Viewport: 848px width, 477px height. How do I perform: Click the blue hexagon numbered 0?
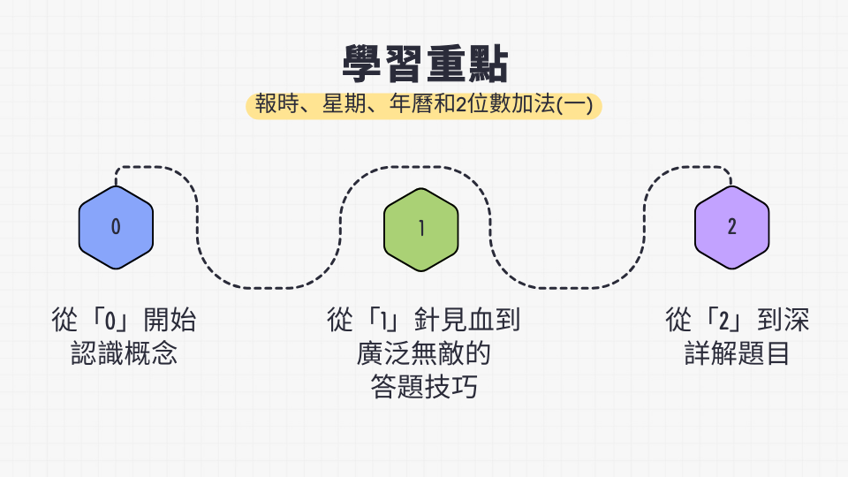coord(116,227)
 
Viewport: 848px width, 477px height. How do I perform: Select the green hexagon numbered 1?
coord(421,230)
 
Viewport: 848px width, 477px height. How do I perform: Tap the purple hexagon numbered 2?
coord(731,227)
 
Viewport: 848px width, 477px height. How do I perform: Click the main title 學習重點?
coord(425,64)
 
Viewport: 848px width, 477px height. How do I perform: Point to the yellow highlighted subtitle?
coord(424,105)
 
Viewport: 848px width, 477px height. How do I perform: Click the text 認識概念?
coord(124,353)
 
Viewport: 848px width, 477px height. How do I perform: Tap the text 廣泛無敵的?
coord(423,353)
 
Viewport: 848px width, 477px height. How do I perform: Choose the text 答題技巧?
coord(424,387)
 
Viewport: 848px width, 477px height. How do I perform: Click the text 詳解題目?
coord(737,353)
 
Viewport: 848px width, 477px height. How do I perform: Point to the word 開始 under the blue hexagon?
coord(170,320)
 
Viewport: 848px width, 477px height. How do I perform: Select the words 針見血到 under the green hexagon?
coord(467,320)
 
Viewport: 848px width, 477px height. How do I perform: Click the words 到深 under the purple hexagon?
coord(784,320)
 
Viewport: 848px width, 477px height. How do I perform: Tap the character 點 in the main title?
coord(488,64)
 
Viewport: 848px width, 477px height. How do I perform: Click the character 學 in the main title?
coord(362,64)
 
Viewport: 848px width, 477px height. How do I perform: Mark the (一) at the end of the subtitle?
coord(574,104)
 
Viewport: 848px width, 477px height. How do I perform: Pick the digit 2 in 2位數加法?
coord(461,104)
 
